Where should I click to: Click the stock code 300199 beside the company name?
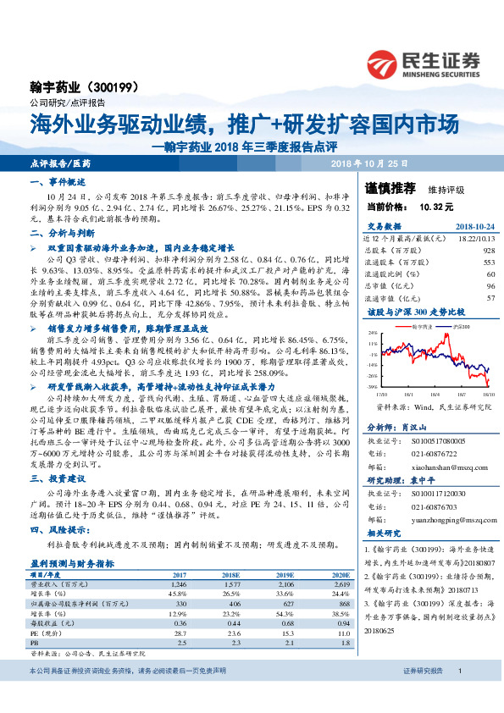[124, 87]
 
